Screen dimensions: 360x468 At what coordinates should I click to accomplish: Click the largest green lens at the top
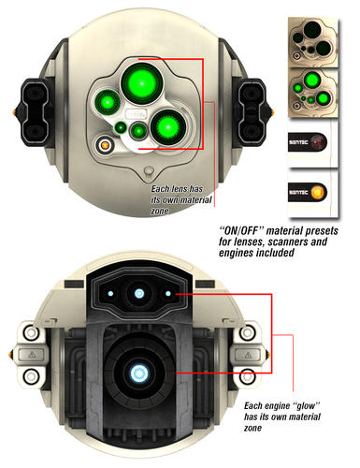coord(142,83)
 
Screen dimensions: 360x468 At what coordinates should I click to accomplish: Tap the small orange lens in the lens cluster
coord(105,145)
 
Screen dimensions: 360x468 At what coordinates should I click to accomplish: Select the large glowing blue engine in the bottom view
coord(138,373)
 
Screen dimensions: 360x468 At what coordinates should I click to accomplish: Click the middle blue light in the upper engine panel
coord(139,293)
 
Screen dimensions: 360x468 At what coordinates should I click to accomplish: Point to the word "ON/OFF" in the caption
coord(241,231)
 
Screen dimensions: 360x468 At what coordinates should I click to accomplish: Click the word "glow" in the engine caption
coord(306,406)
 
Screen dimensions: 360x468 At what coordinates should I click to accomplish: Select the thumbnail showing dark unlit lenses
coord(313,41)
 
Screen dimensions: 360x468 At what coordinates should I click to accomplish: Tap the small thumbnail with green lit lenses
coord(313,93)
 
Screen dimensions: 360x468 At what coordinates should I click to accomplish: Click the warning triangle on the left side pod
coord(32,355)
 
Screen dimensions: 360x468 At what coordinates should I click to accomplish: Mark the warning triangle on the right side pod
coord(248,355)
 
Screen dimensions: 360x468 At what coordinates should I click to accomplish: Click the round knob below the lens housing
coord(149,171)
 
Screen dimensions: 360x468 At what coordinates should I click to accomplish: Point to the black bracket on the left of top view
coord(35,112)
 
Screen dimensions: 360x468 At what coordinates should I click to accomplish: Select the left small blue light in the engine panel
coord(110,294)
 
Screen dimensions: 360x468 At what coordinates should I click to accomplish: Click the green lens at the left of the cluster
coord(108,101)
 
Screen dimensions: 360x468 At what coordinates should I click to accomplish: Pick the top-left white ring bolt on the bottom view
coord(31,333)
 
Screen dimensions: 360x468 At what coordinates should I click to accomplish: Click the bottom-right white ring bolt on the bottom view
coord(248,376)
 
